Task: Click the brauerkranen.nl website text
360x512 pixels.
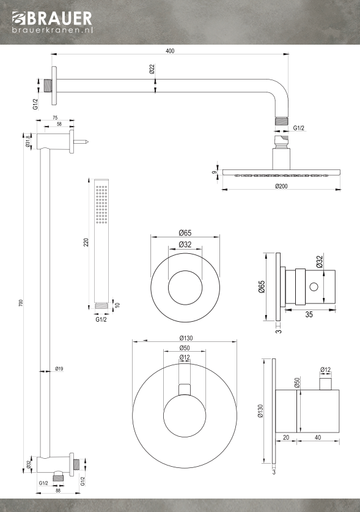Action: (x=53, y=30)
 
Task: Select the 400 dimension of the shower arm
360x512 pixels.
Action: (x=170, y=51)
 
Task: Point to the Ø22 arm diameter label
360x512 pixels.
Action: (x=152, y=69)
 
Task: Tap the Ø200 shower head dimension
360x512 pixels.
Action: (x=281, y=186)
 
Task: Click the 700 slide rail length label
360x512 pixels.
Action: (x=21, y=303)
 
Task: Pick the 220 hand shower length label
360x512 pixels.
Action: (x=86, y=242)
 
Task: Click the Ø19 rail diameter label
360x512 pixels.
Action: (x=59, y=369)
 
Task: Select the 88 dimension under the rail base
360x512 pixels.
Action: (x=58, y=491)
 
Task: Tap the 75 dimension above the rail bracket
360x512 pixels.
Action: (x=55, y=118)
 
